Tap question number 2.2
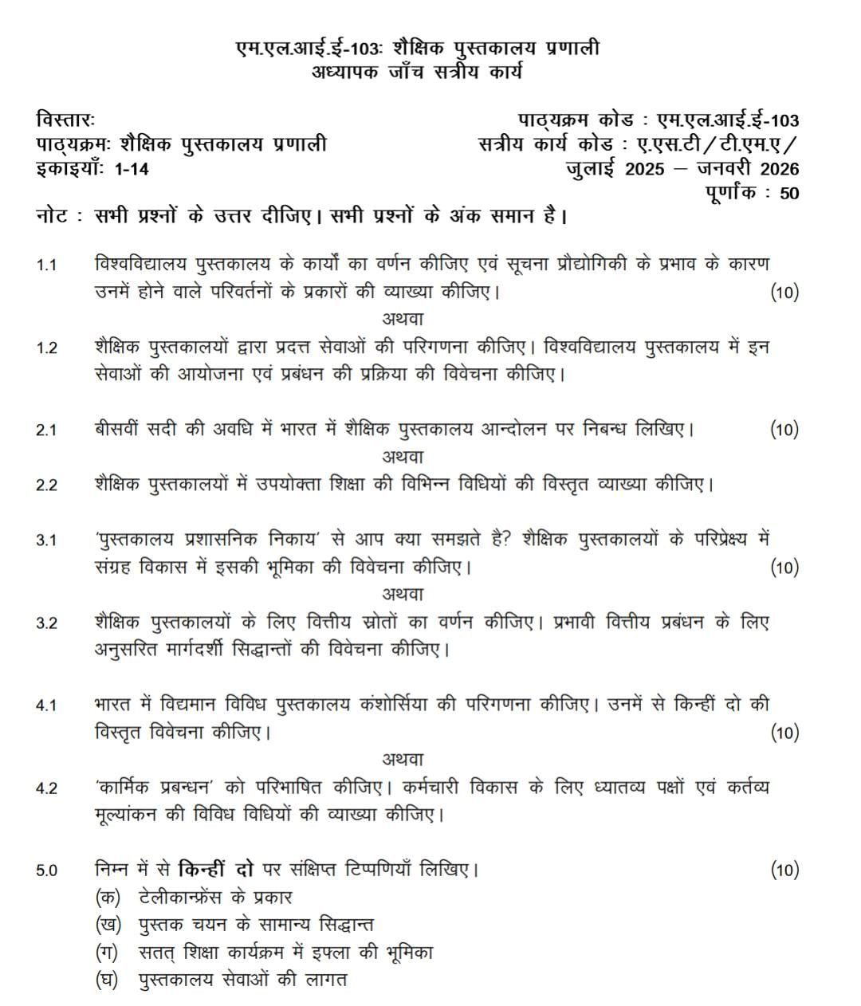click(x=46, y=485)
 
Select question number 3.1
click(x=46, y=540)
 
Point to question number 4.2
click(x=46, y=788)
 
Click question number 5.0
click(x=46, y=870)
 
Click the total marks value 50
click(x=789, y=193)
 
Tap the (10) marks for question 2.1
click(x=784, y=430)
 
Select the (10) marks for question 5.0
click(x=784, y=870)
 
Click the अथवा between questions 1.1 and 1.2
click(x=403, y=319)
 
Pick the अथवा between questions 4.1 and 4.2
click(x=403, y=760)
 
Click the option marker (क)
click(x=108, y=897)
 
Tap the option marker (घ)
click(x=108, y=980)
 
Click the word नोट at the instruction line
click(x=52, y=217)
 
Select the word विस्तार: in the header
click(x=65, y=120)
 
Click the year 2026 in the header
click(x=779, y=169)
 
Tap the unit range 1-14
click(x=132, y=169)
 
